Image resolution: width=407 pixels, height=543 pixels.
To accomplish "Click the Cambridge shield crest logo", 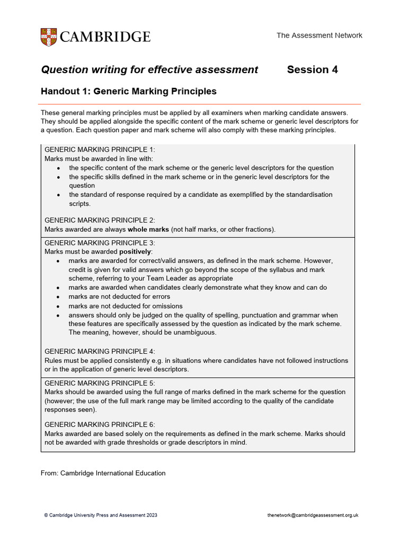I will click(x=49, y=37).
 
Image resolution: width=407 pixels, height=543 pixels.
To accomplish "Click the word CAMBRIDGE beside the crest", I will click(x=105, y=37).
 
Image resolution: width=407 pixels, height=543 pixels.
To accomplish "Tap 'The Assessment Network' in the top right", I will click(x=319, y=36).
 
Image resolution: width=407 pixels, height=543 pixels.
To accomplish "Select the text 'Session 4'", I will click(x=312, y=69).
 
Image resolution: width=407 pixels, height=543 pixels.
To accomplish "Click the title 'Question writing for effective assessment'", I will click(x=149, y=69).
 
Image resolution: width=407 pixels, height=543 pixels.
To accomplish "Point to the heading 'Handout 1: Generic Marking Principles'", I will click(x=129, y=91).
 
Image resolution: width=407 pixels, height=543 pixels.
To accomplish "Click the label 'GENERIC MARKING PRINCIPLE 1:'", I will click(x=100, y=150).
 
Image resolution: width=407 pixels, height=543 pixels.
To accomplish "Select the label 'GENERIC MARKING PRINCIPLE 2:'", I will click(x=100, y=220).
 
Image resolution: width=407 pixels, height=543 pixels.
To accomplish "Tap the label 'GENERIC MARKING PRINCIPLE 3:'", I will click(x=100, y=243).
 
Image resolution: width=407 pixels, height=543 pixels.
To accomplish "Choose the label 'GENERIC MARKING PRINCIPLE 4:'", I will click(x=100, y=352).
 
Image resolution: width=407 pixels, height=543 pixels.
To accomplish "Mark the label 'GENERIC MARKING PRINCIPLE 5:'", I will click(x=100, y=383).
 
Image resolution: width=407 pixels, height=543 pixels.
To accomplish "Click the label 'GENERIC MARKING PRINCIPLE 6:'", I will click(x=100, y=425).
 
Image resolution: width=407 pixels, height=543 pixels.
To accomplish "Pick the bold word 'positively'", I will click(x=135, y=252).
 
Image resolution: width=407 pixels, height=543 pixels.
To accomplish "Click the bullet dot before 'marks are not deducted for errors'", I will click(x=58, y=297).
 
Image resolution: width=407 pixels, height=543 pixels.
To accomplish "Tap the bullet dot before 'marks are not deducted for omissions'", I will click(x=58, y=306).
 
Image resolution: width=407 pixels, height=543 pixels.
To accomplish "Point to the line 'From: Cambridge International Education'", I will click(x=103, y=473).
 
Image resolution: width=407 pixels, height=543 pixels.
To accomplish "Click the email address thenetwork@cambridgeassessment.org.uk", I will click(x=314, y=515).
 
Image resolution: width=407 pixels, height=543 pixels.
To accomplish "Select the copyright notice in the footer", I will click(x=101, y=515).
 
